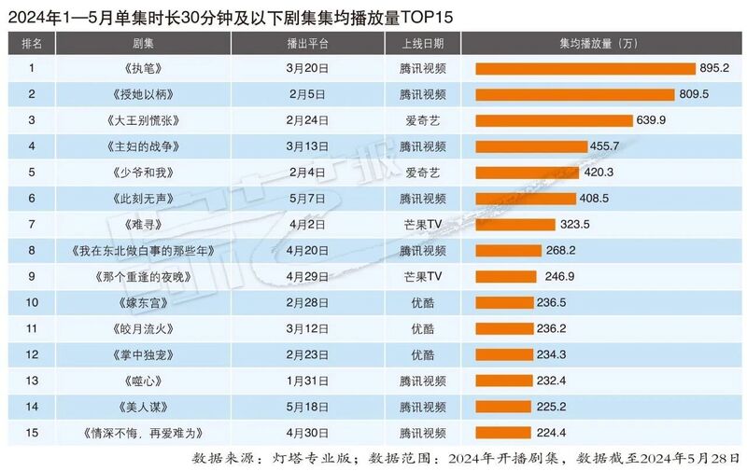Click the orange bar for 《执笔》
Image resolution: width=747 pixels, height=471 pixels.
tap(585, 68)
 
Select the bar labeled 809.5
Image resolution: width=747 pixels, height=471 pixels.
tap(574, 94)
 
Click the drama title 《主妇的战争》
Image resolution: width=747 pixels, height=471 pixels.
tap(144, 146)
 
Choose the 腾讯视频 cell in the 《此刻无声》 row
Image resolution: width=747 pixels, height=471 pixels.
tap(422, 199)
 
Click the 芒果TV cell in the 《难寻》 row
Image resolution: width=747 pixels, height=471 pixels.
tap(422, 225)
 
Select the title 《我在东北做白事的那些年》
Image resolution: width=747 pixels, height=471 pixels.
tap(144, 251)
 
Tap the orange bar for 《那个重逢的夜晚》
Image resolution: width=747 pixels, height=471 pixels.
tap(506, 277)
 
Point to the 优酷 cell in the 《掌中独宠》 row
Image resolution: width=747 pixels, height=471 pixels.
tap(422, 355)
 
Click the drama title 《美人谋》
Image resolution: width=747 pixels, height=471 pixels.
tap(144, 408)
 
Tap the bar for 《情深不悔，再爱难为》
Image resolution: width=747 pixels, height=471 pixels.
tap(503, 434)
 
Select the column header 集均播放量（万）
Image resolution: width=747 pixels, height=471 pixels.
tap(599, 43)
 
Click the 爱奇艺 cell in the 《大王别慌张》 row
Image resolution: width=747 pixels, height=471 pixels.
tap(422, 120)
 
